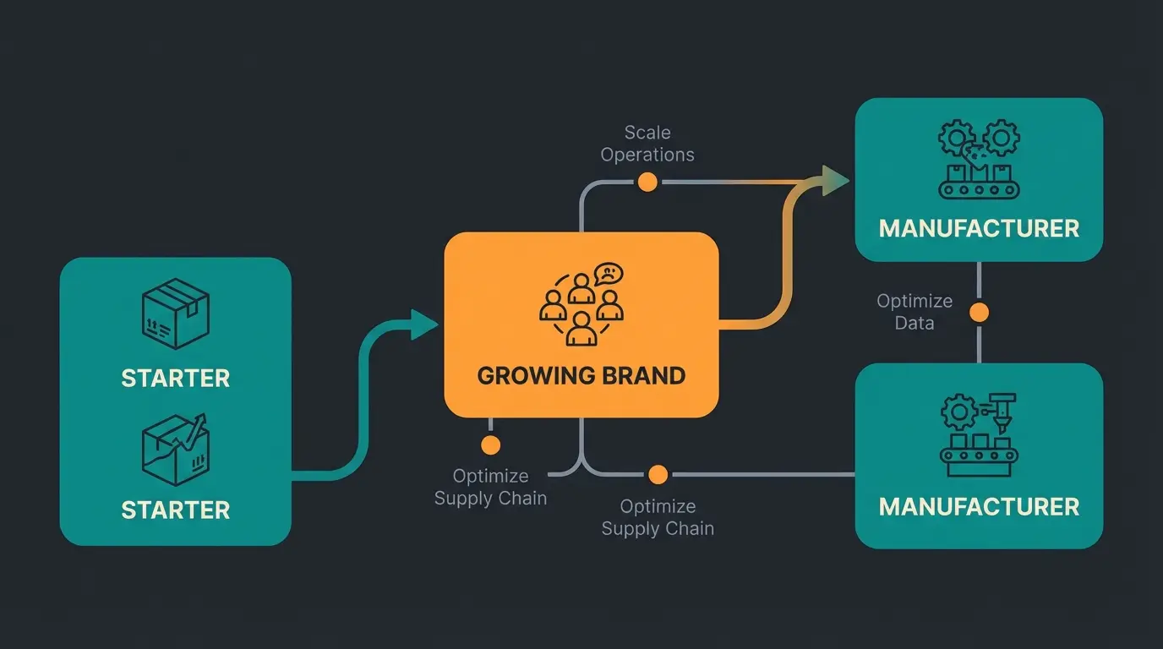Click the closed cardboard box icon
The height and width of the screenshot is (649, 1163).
tap(175, 314)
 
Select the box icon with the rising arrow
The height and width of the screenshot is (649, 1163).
tap(175, 449)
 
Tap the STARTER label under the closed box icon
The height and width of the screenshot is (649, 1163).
tap(175, 378)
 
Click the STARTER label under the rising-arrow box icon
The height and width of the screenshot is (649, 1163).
tap(175, 510)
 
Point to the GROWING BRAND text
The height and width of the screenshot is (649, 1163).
tap(581, 376)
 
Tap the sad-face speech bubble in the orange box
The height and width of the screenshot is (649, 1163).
tap(608, 274)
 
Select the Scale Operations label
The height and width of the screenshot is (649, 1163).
tap(647, 144)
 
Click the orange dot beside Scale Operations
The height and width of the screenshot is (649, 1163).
tap(647, 182)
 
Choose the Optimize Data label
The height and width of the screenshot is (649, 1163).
tap(915, 312)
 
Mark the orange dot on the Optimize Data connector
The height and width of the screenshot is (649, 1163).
tap(979, 313)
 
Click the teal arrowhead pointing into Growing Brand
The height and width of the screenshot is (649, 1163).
tap(424, 324)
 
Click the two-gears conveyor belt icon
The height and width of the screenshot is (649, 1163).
tap(979, 160)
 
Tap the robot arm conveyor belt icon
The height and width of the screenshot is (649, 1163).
tap(979, 428)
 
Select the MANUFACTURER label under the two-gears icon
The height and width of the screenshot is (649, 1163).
tap(979, 228)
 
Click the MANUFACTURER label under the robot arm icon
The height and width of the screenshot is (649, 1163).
tap(979, 507)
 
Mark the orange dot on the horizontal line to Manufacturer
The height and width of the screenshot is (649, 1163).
tap(658, 475)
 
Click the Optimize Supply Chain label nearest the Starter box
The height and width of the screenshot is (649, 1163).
tap(490, 488)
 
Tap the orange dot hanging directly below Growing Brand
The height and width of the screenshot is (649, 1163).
tap(490, 445)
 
